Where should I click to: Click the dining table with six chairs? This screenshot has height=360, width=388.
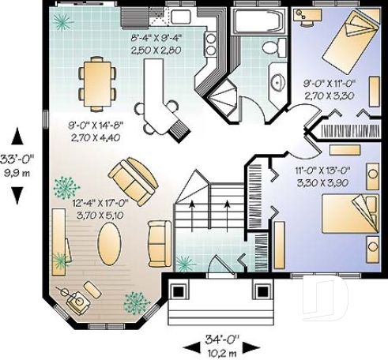pyautogui.click(x=96, y=81)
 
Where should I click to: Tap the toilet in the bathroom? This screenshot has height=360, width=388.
pyautogui.click(x=271, y=47)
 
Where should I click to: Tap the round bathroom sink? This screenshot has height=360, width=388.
pyautogui.click(x=277, y=81)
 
